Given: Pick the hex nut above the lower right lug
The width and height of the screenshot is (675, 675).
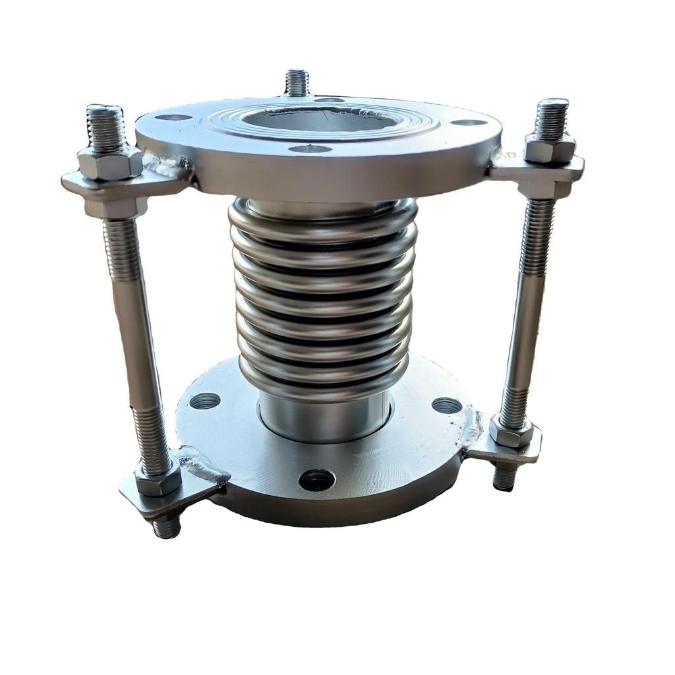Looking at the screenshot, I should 512,432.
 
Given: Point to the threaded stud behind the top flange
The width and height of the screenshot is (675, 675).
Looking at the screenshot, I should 297,82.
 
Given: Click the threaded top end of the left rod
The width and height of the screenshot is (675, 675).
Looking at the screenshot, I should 105,125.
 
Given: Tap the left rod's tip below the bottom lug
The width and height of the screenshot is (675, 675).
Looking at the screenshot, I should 166,527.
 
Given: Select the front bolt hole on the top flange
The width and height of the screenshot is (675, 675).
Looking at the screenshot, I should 310,149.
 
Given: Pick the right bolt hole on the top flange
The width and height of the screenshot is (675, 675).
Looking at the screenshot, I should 469,122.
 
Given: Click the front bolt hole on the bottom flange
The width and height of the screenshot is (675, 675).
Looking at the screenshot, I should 316,479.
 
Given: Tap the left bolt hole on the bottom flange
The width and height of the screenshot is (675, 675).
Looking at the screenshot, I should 204,400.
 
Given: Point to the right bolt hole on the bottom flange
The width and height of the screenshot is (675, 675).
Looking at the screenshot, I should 447,405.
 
